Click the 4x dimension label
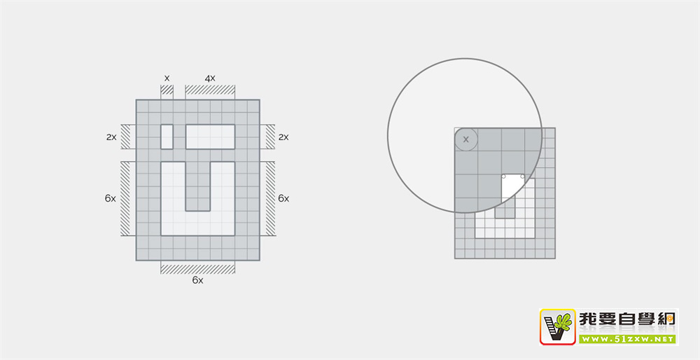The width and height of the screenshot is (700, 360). click(x=210, y=78)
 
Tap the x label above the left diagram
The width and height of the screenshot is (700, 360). click(x=167, y=78)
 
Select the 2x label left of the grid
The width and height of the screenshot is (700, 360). click(x=111, y=137)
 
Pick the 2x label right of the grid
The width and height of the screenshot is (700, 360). click(x=283, y=137)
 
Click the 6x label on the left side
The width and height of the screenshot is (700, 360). click(x=111, y=198)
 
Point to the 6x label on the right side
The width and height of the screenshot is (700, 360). click(x=283, y=198)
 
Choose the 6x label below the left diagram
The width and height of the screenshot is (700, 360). click(x=198, y=280)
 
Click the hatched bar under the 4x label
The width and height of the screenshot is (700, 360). click(x=210, y=90)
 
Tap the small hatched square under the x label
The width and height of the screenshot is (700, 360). click(x=167, y=90)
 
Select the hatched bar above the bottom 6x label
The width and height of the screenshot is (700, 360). click(x=198, y=269)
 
